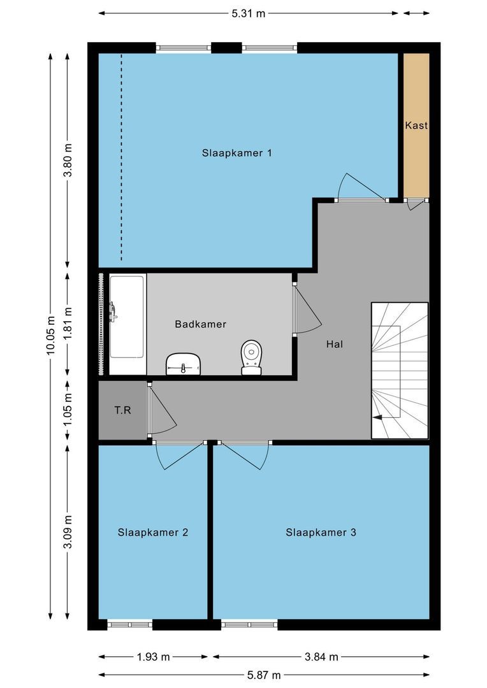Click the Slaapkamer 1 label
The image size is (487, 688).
pos(236,153)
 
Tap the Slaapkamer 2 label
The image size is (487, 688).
pos(153,533)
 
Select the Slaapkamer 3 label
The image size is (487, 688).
pos(321,533)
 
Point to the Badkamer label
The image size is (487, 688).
pos(201,324)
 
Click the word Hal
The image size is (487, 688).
pos(335,345)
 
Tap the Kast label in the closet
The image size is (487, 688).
pos(416,125)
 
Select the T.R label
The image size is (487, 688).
pos(123,410)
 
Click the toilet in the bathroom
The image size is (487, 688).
pos(252,357)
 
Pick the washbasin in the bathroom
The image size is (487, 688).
pos(184,364)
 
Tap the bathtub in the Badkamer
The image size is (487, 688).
pos(127,325)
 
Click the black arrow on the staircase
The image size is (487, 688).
pos(377,418)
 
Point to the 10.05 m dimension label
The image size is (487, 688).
pos(50,336)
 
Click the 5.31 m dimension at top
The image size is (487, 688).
pos(249,13)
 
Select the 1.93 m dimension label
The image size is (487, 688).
pos(153,657)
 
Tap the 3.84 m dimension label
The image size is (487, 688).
pos(321,657)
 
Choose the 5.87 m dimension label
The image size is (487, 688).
pos(264,675)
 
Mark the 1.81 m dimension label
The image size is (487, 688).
pos(68,324)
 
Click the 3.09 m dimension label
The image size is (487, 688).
pos(68,532)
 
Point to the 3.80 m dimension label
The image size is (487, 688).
pos(68,160)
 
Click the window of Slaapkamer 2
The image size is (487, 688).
pos(129,624)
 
